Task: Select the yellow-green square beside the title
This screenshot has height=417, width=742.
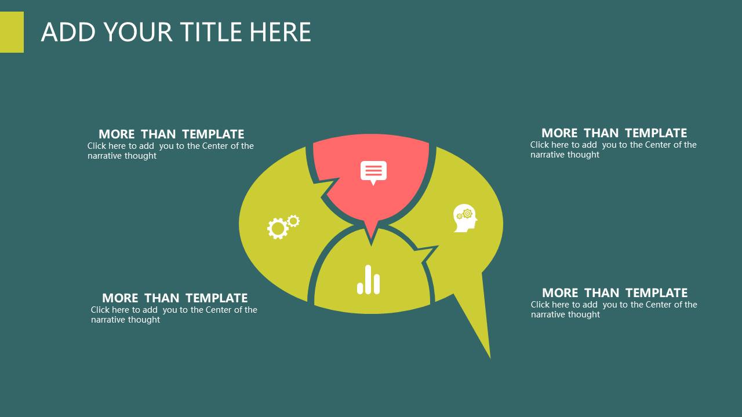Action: (12, 32)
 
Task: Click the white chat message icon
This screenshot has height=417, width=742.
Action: (373, 173)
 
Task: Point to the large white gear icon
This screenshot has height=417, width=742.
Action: (278, 228)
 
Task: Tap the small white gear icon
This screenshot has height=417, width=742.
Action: (293, 221)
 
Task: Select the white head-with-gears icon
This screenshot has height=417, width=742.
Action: (465, 218)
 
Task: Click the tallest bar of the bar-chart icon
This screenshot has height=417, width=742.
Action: (368, 279)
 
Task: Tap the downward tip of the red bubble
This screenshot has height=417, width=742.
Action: (372, 243)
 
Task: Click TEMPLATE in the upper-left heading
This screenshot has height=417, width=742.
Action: (213, 134)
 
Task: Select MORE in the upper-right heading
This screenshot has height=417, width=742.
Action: (559, 133)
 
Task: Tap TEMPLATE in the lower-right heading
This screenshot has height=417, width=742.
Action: (657, 293)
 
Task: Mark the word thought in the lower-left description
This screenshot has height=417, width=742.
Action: (144, 320)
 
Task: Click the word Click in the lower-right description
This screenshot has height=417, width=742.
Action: (540, 305)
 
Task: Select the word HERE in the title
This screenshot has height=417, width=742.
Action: (280, 32)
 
